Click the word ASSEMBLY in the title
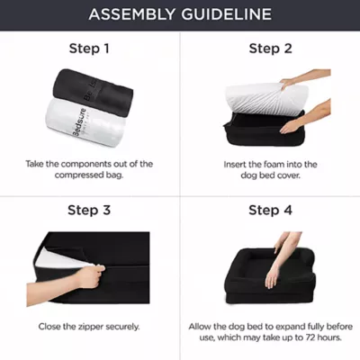pyautogui.click(x=131, y=14)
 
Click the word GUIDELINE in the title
pyautogui.click(x=226, y=14)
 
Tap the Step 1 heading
pyautogui.click(x=89, y=49)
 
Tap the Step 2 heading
pyautogui.click(x=270, y=49)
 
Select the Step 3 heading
pyautogui.click(x=89, y=210)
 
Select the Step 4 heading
pyautogui.click(x=270, y=210)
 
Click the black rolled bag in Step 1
pyautogui.click(x=93, y=92)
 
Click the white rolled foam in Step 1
pyautogui.click(x=85, y=123)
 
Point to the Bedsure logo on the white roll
pyautogui.click(x=80, y=122)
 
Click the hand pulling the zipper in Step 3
pyautogui.click(x=89, y=276)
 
